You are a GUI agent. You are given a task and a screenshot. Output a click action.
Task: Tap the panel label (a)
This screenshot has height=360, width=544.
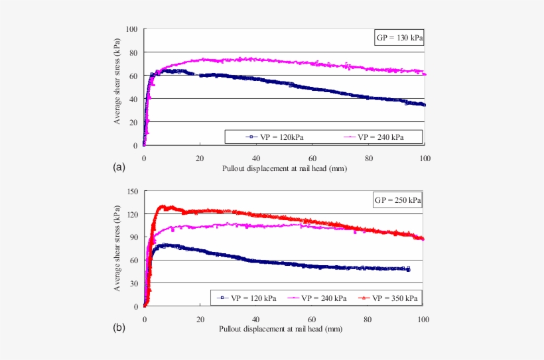click(119, 166)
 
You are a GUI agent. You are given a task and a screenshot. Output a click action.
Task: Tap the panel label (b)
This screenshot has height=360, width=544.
click(119, 328)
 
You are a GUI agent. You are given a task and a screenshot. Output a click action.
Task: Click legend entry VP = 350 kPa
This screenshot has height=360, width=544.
click(391, 298)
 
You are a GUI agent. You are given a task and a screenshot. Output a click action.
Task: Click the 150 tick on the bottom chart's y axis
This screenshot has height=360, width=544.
click(133, 191)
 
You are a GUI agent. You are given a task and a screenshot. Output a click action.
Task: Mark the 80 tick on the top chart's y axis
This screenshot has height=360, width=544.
click(134, 52)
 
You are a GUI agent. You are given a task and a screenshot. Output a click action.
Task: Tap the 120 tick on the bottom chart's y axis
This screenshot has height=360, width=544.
click(133, 214)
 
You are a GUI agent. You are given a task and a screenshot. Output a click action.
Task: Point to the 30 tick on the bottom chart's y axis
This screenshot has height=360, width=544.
click(135, 283)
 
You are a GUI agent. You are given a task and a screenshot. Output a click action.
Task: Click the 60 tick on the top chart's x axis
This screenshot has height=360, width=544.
click(312, 158)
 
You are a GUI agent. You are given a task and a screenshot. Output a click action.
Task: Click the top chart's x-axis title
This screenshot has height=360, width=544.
click(285, 169)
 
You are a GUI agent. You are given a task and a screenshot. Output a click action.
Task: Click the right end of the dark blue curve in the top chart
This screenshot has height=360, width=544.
click(424, 105)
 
